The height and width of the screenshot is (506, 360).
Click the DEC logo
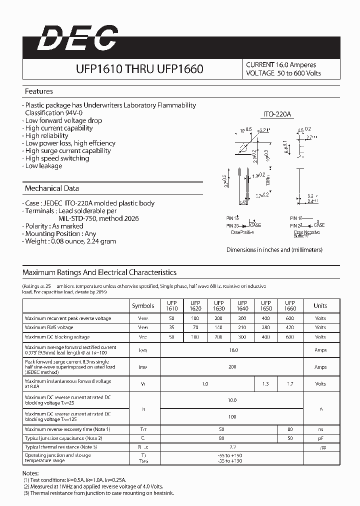(78, 38)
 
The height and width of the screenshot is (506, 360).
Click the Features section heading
(38, 91)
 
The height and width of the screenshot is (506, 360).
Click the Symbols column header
(143, 306)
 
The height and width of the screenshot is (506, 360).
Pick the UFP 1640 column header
(242, 306)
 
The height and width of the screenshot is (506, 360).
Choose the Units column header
(320, 306)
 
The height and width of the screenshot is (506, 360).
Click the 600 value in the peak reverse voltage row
(290, 318)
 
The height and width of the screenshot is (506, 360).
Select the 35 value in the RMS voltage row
(172, 327)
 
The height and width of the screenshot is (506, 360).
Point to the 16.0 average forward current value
(233, 350)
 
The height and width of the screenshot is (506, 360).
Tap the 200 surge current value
(232, 367)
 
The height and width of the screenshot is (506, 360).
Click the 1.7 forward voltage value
(290, 384)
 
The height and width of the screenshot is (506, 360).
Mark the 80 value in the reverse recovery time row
(290, 429)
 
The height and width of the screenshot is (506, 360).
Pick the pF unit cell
(320, 438)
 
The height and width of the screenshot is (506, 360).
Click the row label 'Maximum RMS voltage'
(49, 327)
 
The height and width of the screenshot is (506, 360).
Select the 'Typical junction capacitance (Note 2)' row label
(63, 438)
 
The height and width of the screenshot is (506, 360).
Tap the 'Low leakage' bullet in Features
(43, 166)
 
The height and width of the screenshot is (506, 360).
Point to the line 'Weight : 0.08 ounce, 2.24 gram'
(70, 241)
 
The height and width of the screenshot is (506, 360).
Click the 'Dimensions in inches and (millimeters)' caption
(274, 250)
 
